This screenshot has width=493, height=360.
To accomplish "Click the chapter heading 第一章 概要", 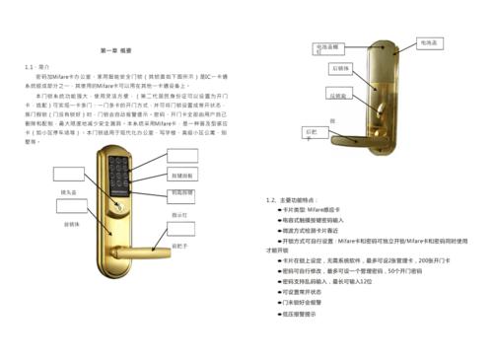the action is (120, 49).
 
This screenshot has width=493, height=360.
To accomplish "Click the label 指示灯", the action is (179, 214).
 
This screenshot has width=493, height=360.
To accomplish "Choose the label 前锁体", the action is (71, 225).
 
